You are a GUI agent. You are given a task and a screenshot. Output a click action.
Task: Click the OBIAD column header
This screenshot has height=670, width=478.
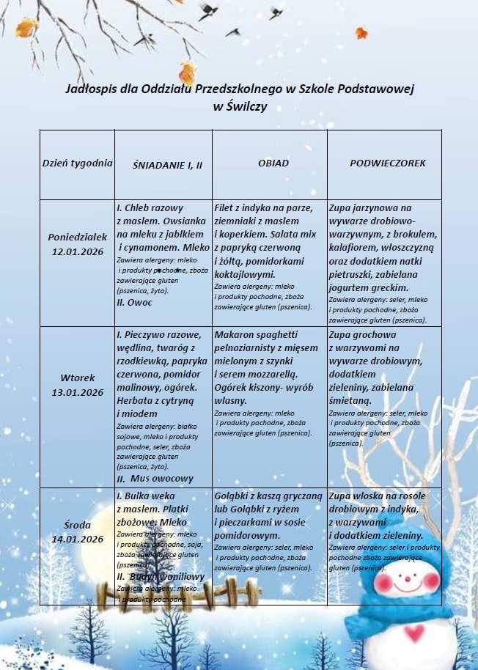click(x=273, y=163)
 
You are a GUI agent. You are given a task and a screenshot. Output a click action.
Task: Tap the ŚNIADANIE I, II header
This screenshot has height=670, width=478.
click(x=167, y=165)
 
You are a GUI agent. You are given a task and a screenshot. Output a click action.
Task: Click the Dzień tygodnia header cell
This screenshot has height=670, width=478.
click(x=77, y=163)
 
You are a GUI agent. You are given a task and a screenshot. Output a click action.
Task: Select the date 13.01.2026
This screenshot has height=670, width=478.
click(x=77, y=392)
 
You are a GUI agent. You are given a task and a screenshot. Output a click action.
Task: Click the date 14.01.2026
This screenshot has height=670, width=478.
click(x=77, y=539)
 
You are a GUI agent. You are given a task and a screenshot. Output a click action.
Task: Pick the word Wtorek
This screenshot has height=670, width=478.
click(x=77, y=378)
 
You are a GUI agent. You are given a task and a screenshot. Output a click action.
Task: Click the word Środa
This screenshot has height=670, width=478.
click(x=77, y=525)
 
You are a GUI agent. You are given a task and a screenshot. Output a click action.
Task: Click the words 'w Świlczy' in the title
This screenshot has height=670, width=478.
click(x=240, y=106)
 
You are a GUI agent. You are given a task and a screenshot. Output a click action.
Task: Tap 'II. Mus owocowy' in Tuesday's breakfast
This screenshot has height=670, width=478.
click(x=155, y=478)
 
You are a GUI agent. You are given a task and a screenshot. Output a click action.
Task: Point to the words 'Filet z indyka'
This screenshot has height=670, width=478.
click(x=247, y=207)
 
